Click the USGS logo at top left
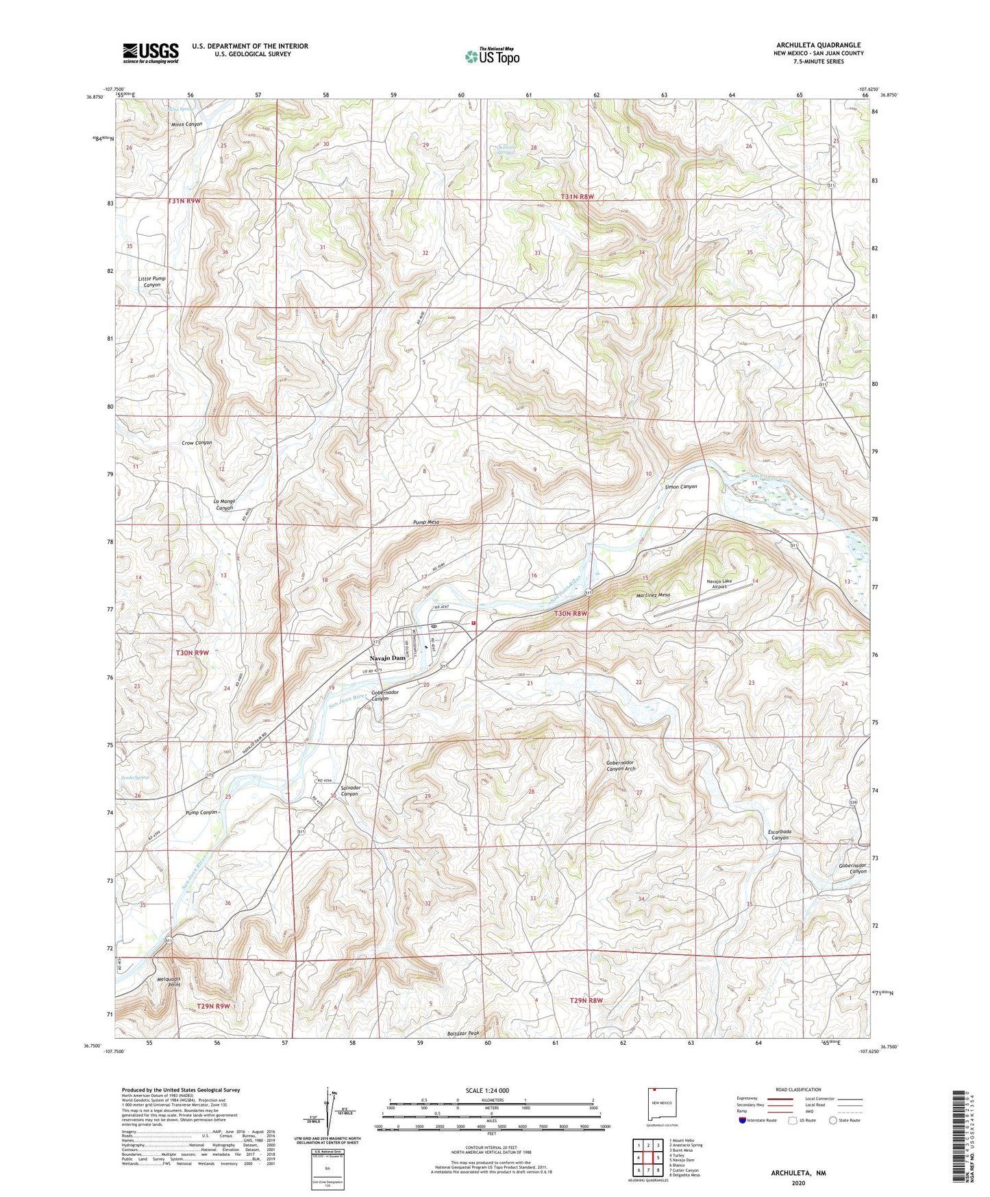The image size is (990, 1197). [151, 53]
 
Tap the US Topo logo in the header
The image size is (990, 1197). [492, 56]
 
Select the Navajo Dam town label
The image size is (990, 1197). [388, 658]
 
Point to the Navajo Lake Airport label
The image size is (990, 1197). [719, 584]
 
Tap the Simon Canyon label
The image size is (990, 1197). [681, 487]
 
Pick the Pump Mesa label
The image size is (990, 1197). [426, 522]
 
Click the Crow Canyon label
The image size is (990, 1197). [197, 443]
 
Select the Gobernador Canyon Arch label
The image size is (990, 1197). [621, 766]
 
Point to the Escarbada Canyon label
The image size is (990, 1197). [780, 835]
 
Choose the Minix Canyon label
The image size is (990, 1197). [186, 124]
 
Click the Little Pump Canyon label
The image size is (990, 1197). [151, 282]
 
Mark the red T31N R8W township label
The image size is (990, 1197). [577, 197]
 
